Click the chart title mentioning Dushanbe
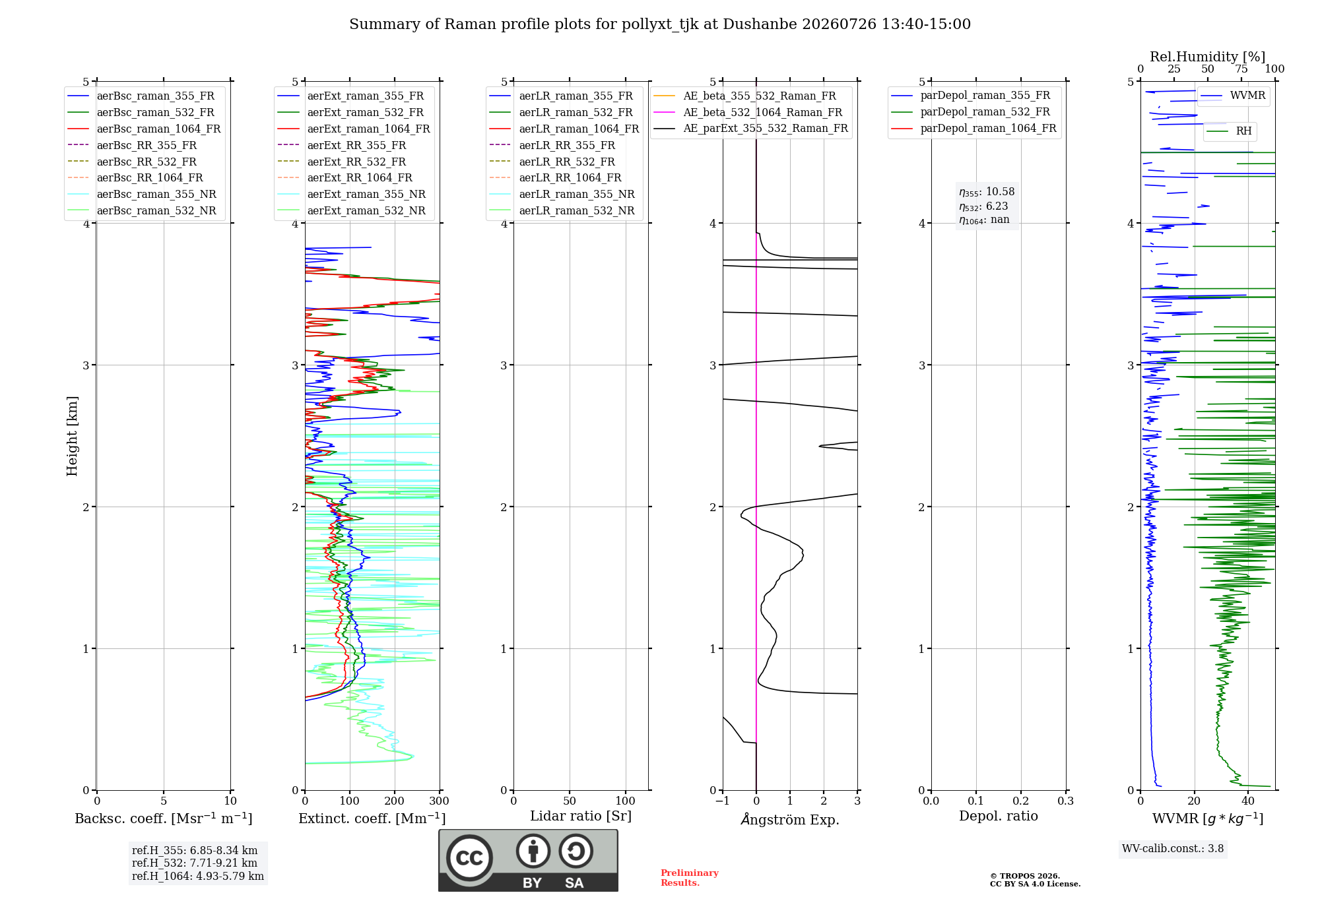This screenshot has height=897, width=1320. tap(660, 24)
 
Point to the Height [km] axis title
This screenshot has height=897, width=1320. tap(72, 436)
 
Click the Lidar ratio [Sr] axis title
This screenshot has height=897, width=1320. tap(581, 816)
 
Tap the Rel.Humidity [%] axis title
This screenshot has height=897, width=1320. tap(1208, 57)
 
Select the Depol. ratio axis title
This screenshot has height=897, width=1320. tap(999, 816)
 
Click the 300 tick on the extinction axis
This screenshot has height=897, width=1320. tap(440, 801)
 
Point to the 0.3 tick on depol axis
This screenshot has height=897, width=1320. tap(1066, 801)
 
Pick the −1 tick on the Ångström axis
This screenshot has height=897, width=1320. tap(723, 801)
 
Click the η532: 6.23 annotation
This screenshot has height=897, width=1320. tap(983, 206)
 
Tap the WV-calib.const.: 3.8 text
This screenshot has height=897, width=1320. tap(1173, 849)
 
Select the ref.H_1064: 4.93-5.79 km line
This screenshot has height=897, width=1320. tap(198, 876)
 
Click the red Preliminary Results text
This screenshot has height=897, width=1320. tap(690, 878)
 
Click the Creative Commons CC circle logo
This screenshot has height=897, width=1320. tap(469, 857)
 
